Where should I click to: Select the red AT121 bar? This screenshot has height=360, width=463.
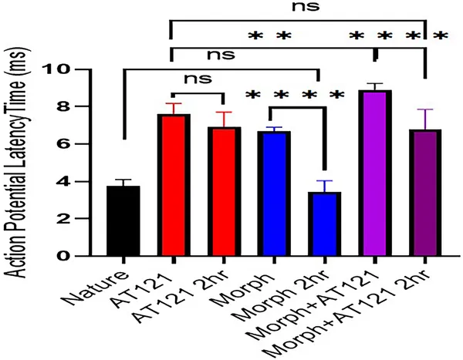pos(175,185)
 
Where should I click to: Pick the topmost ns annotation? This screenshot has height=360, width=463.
pos(296,8)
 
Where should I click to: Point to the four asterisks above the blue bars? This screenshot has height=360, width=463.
pos(293,96)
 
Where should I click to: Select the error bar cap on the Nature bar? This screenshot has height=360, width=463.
pos(123,180)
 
